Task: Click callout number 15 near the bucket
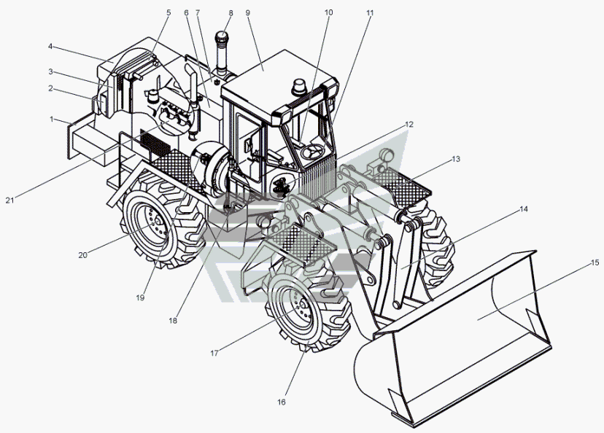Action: tap(595, 262)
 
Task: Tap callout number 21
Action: tap(9, 200)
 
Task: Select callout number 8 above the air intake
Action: tap(231, 12)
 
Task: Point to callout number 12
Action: tap(409, 125)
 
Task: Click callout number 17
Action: tap(214, 353)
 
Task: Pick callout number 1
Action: tap(52, 120)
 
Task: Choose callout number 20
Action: tap(83, 255)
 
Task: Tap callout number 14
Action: tap(524, 209)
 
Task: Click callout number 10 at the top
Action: tap(328, 12)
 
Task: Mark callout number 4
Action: tap(50, 46)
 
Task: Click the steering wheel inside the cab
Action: tap(314, 151)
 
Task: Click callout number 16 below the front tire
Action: tap(281, 402)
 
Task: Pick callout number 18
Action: tap(173, 320)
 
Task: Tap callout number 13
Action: tap(456, 159)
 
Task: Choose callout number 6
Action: tap(187, 12)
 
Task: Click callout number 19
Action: tap(140, 297)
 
